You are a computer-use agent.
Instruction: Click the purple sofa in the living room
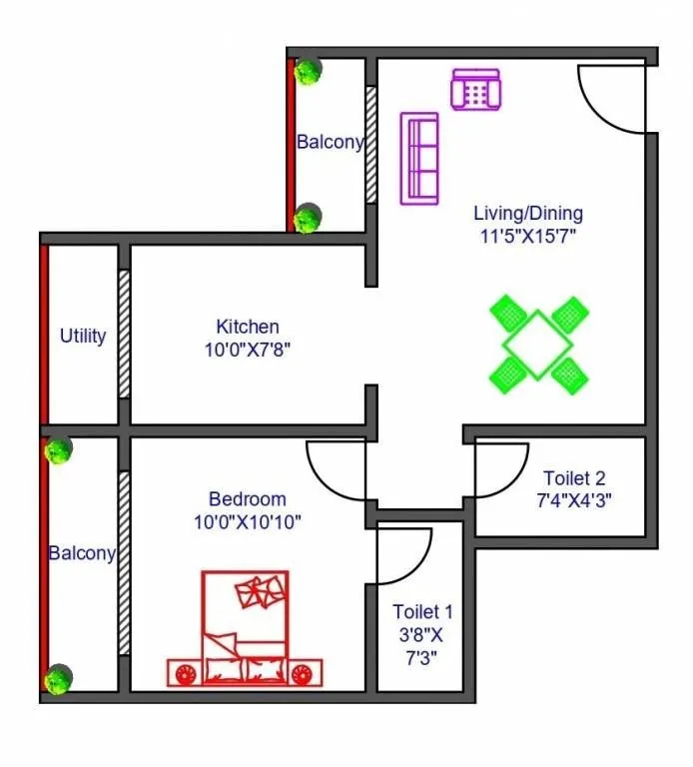coord(419,159)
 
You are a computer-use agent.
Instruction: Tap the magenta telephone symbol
coord(475,90)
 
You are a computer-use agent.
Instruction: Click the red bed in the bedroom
coord(246,629)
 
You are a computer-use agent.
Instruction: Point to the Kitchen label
coord(248,327)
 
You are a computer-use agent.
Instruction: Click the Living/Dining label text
coord(528,213)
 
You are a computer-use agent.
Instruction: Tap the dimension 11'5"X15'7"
coord(528,236)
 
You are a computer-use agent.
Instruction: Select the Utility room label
coord(83,336)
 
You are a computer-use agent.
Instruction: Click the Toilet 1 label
coord(422,611)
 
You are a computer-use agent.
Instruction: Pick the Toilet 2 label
coord(574,478)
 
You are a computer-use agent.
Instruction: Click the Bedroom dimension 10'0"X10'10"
coord(248,521)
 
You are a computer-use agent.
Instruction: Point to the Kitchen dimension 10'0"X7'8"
coord(248,350)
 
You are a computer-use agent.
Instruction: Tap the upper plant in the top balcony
coord(309,71)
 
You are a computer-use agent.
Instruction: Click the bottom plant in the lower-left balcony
coord(60,678)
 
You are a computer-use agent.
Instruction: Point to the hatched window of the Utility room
coord(124,334)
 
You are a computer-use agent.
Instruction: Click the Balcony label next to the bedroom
coord(83,552)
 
